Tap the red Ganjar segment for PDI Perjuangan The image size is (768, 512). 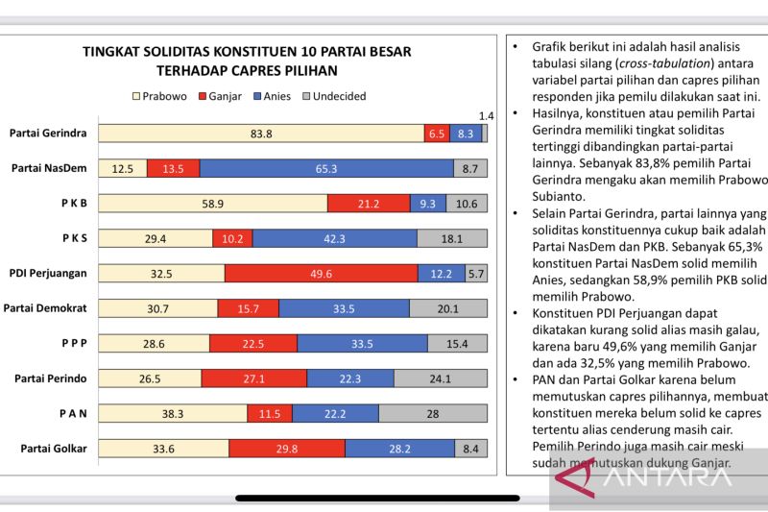pos(322,273)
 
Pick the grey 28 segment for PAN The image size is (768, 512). pos(433,413)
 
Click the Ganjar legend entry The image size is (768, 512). pos(221,96)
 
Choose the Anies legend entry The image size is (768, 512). pos(275,96)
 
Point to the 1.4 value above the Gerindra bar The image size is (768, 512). pos(486,115)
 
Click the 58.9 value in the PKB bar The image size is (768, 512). pos(214,203)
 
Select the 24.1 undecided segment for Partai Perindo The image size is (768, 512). pos(440,378)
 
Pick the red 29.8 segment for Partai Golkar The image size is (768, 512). pos(287,448)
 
